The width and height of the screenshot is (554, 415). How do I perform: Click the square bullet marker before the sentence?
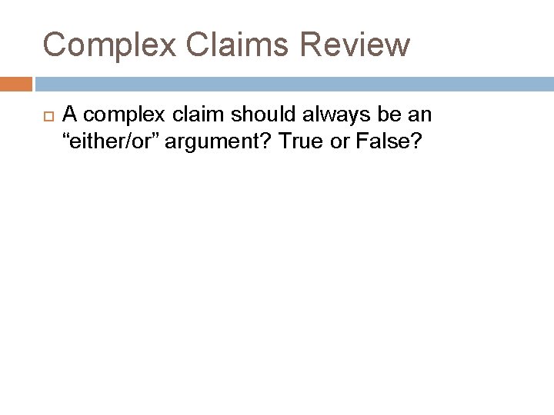(46, 115)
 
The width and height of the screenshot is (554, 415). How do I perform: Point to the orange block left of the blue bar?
(16, 83)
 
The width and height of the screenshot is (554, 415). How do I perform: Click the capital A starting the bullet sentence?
(69, 115)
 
